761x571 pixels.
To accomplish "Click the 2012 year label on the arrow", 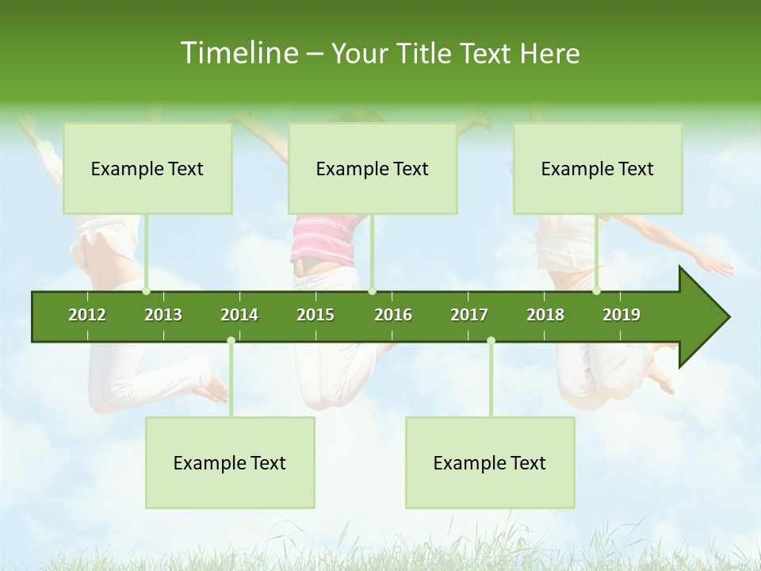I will (87, 315).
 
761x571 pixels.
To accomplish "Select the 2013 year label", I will (163, 315).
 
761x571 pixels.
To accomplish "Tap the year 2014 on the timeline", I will (239, 315).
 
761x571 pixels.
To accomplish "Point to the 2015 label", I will (315, 315).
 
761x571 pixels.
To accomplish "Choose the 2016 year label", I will (393, 315).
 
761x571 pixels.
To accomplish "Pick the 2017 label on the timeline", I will (469, 315).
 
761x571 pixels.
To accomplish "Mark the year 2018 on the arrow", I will (545, 315).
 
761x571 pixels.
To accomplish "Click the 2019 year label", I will (621, 315).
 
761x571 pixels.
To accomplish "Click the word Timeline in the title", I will (238, 53).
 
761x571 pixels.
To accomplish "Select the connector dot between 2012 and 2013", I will (147, 291).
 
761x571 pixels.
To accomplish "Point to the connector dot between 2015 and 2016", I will (373, 291).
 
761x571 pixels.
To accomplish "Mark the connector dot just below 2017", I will (491, 341).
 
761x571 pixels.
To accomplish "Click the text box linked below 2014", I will (230, 462).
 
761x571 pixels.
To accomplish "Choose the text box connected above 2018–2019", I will (598, 168).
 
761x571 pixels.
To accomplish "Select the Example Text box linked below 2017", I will (490, 462).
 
